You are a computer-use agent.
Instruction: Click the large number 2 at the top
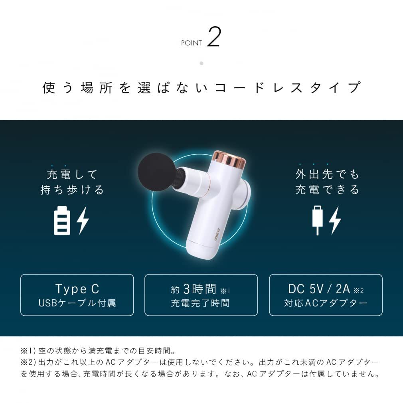pyautogui.click(x=214, y=38)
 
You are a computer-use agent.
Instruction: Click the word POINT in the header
pyautogui.click(x=192, y=43)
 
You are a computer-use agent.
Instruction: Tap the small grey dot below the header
pyautogui.click(x=201, y=63)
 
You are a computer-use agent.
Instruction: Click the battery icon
pyautogui.click(x=62, y=220)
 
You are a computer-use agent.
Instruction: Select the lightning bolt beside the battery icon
pyautogui.click(x=83, y=220)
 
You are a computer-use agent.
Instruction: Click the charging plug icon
pyautogui.click(x=318, y=220)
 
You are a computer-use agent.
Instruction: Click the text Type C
pyautogui.click(x=77, y=288)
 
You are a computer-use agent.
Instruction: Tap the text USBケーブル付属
pyautogui.click(x=77, y=303)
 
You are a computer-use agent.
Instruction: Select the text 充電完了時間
pyautogui.click(x=200, y=303)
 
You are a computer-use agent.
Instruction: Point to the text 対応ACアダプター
pyautogui.click(x=326, y=303)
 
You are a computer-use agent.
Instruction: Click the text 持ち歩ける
pyautogui.click(x=72, y=190)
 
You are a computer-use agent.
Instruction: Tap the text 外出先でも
pyautogui.click(x=327, y=175)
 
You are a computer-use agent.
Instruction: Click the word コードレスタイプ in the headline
pyautogui.click(x=288, y=88)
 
